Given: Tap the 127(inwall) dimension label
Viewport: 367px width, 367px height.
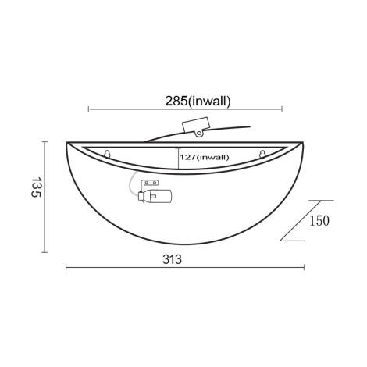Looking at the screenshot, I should coord(205,157).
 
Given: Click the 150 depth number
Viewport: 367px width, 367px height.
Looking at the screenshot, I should coord(319,221).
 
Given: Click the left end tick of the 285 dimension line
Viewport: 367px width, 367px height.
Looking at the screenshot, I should coord(88,109).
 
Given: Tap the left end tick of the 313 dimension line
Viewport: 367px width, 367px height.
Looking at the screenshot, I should coord(66,269).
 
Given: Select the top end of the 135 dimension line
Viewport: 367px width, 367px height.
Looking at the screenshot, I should coord(44,142).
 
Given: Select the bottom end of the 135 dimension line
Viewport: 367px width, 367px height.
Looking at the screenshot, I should coord(44,252).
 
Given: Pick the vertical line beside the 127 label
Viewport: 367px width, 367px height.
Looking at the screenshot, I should coord(178,158).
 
